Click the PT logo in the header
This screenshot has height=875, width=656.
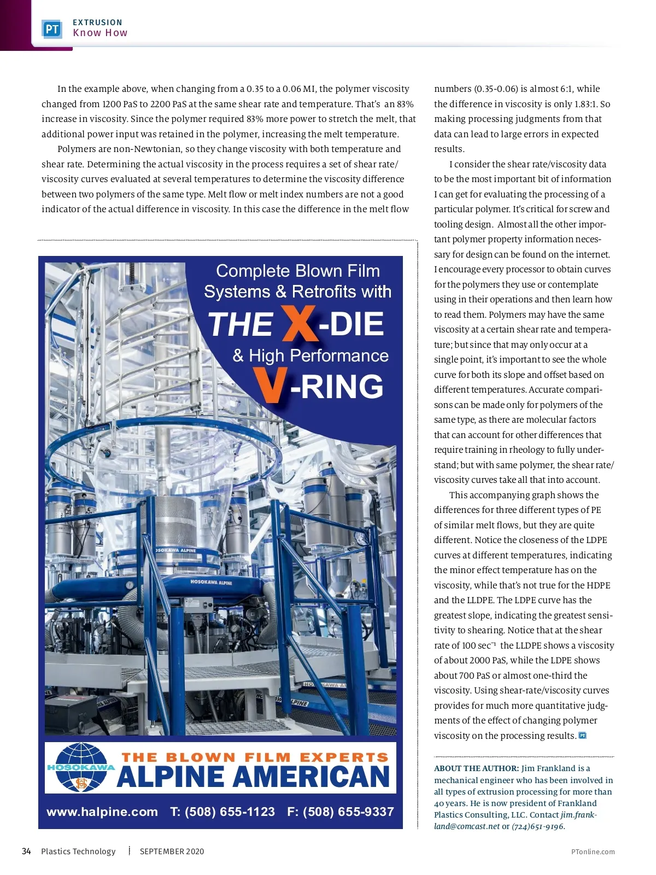52,29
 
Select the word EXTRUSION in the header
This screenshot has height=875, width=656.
97,22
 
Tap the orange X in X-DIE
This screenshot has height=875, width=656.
300,323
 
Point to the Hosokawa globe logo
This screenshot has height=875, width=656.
81,768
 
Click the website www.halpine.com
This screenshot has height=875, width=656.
102,812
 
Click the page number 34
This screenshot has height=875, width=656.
26,851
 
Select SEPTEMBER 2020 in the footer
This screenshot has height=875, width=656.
172,851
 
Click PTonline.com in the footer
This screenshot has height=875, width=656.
593,851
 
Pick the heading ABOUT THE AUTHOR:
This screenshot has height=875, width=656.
476,768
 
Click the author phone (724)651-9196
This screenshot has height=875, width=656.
538,826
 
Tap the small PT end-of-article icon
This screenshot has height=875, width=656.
582,736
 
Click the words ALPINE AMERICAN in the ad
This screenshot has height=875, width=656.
253,777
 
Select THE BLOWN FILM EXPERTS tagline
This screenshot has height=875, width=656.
255,757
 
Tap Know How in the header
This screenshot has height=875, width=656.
100,33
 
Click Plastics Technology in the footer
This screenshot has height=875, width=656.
78,851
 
